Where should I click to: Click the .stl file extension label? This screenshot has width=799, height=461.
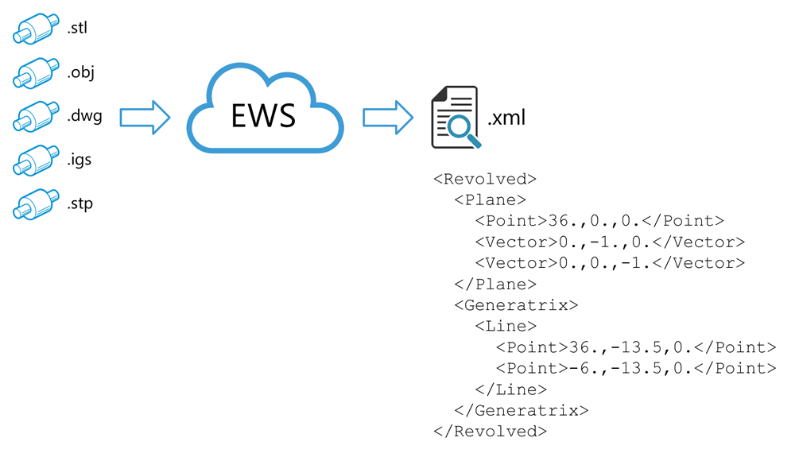(x=77, y=28)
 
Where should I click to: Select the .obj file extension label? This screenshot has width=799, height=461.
(x=81, y=72)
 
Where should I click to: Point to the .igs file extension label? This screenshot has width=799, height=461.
(x=80, y=161)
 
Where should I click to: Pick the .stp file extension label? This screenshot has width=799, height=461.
(x=80, y=204)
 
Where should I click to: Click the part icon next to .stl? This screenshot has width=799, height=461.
(x=36, y=29)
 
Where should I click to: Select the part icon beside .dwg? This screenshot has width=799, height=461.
(x=36, y=117)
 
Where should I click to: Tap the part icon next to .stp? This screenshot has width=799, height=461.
(x=36, y=204)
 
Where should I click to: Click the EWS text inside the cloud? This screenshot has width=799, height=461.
(x=263, y=115)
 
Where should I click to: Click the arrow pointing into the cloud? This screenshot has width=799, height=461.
(x=145, y=118)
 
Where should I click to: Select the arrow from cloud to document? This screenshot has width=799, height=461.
(x=388, y=118)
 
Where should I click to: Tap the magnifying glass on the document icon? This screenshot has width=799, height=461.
(x=463, y=130)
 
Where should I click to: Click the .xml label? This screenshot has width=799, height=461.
(x=506, y=118)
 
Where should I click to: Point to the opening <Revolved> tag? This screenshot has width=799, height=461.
(x=485, y=179)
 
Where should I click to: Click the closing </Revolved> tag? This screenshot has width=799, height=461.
(x=490, y=432)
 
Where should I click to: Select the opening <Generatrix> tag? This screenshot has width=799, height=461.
(x=516, y=305)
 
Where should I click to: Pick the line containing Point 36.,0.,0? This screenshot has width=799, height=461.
(x=599, y=221)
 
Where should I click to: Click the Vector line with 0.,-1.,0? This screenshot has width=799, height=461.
(x=610, y=242)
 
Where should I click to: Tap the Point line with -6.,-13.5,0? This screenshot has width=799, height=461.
(x=636, y=368)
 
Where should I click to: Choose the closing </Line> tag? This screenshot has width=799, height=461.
(x=510, y=389)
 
